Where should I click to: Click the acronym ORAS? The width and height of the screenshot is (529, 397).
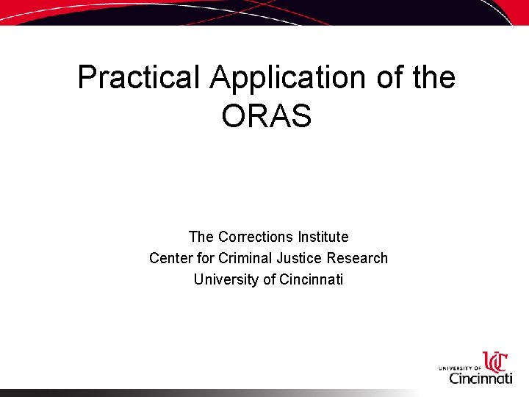tap(266, 116)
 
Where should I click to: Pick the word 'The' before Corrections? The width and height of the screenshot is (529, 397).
tap(201, 237)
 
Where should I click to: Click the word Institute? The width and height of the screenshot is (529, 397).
tap(323, 237)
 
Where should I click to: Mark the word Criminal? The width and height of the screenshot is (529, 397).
tap(245, 258)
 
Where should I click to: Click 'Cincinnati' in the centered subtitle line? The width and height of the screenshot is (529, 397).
tap(312, 279)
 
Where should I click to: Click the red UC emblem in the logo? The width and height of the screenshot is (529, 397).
tap(494, 362)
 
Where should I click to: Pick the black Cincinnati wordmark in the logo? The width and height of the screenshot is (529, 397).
tap(481, 378)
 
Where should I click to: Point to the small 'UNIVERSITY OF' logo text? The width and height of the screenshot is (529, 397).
tap(460, 367)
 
